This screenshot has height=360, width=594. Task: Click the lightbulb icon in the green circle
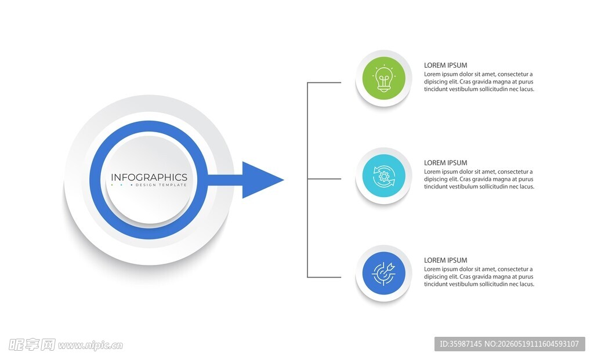384,78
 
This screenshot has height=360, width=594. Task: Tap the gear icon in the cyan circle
384,176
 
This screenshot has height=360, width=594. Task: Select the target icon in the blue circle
384,273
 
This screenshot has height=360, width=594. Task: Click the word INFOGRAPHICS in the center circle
149,177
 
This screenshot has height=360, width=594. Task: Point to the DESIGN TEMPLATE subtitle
161,185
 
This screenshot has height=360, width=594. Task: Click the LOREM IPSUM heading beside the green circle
445,65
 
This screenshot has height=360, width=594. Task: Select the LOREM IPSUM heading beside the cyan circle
445,163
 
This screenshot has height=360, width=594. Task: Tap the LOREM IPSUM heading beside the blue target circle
445,260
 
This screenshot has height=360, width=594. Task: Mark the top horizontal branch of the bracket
324,82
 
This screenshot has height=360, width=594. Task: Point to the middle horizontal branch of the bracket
324,179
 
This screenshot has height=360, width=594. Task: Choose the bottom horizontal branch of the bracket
324,277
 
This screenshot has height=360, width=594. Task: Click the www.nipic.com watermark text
90,346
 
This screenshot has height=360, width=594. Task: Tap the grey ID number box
509,344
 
